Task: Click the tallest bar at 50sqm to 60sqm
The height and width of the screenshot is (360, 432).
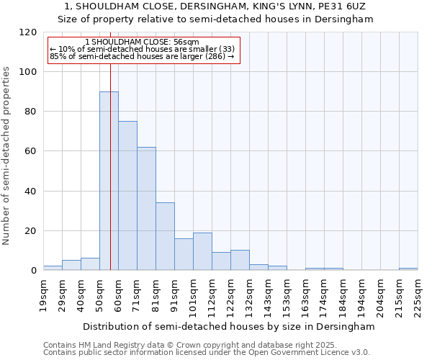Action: tap(109, 181)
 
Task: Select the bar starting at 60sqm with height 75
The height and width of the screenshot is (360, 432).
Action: tap(127, 196)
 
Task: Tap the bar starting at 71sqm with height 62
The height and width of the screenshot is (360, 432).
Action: tap(146, 209)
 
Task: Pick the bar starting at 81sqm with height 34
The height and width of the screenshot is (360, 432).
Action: tap(165, 236)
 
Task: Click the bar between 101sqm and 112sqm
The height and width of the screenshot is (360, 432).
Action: tap(202, 251)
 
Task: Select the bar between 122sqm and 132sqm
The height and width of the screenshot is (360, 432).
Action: tap(240, 260)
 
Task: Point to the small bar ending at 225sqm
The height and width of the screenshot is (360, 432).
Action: tap(408, 269)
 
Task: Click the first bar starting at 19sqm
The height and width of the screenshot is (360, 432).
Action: tap(53, 268)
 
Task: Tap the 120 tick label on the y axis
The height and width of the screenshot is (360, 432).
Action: tap(28, 32)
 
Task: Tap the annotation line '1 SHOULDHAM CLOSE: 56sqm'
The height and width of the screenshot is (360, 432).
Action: tap(142, 42)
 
